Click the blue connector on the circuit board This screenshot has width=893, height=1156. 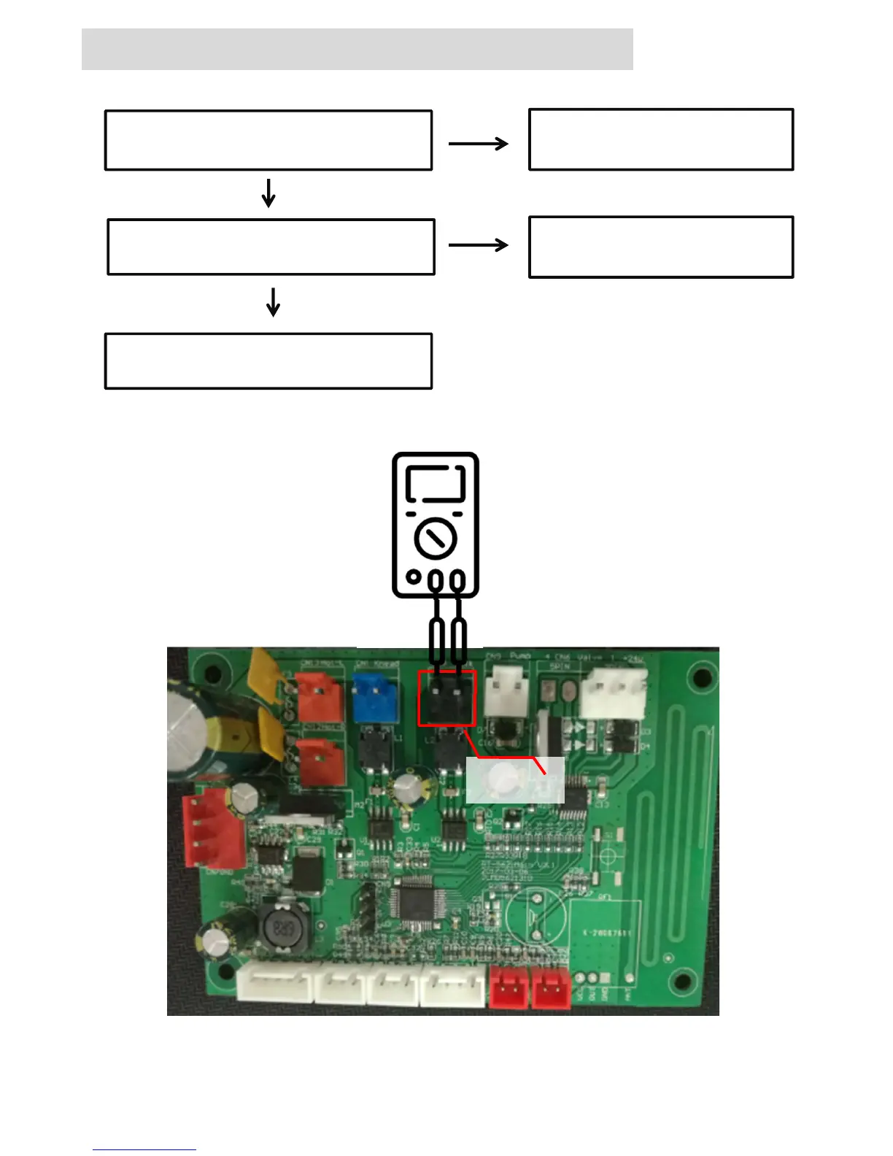tap(375, 697)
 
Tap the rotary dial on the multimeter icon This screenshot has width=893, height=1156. tap(436, 539)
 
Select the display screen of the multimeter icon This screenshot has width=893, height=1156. tap(436, 483)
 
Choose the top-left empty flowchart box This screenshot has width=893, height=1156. tap(268, 140)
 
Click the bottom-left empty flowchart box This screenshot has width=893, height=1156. tap(268, 361)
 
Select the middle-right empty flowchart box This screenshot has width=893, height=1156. tap(661, 247)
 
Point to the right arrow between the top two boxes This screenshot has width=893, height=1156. tap(479, 144)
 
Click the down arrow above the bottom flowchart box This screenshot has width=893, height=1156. tap(274, 301)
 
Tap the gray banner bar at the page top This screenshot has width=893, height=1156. tap(357, 49)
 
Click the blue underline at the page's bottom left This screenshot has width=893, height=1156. tap(144, 1149)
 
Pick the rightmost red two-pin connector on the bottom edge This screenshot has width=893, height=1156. tap(551, 987)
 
